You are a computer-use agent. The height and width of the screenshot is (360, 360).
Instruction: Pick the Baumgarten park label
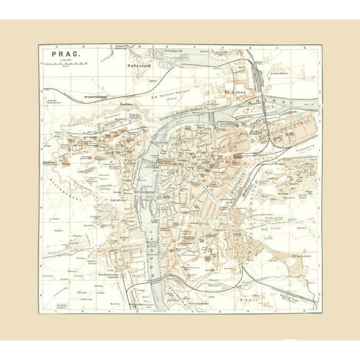tap(187, 53)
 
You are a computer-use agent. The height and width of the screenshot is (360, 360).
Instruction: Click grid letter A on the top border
tap(57, 46)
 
